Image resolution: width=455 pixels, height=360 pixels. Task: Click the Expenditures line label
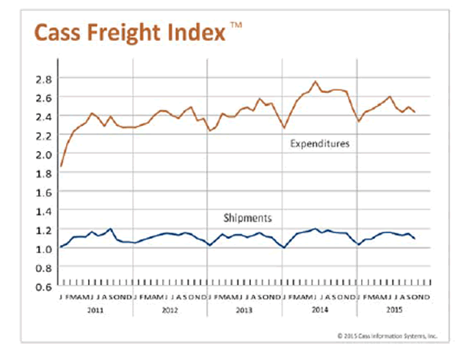318,144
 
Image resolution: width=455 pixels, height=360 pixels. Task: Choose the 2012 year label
171,309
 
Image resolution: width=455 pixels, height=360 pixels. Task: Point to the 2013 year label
246,309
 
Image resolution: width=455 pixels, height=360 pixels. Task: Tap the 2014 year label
320,309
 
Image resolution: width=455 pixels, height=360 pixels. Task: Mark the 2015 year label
395,309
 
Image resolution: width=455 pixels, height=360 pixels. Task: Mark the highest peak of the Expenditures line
316,81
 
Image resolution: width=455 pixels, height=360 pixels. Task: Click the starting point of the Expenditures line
61,166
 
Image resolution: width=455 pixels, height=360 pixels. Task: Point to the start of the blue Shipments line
61,247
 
